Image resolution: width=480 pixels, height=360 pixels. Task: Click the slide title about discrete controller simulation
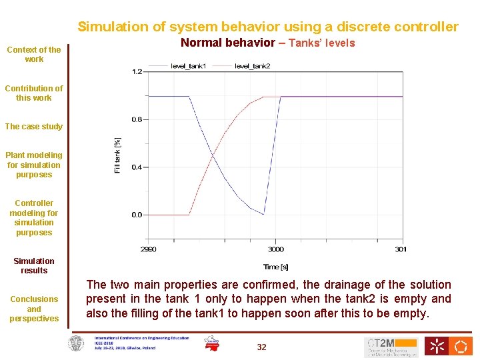pyautogui.click(x=268, y=27)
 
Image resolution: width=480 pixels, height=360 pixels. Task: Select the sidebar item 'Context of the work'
pyautogui.click(x=34, y=54)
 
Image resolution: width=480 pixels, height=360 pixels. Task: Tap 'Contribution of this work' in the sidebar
pyautogui.click(x=34, y=93)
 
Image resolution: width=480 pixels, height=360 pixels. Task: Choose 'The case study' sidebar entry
pyautogui.click(x=34, y=127)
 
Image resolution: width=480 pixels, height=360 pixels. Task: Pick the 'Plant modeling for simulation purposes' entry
pyautogui.click(x=34, y=165)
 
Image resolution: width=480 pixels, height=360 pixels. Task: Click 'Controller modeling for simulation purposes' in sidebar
pyautogui.click(x=34, y=218)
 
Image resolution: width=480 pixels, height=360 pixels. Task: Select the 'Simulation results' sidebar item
pyautogui.click(x=34, y=266)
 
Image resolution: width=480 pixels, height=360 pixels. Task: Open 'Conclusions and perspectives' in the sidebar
pyautogui.click(x=34, y=309)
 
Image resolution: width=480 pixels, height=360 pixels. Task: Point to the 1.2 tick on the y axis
pyautogui.click(x=137, y=71)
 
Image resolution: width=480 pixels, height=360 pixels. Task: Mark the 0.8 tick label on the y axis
pyautogui.click(x=137, y=119)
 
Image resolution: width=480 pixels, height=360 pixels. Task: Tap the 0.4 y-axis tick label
pyautogui.click(x=137, y=167)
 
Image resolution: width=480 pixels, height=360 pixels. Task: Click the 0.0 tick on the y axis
pyautogui.click(x=137, y=215)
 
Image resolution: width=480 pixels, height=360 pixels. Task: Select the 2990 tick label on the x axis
pyautogui.click(x=148, y=249)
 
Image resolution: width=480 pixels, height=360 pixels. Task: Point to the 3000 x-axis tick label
pyautogui.click(x=275, y=249)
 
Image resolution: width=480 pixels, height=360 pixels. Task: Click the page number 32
pyautogui.click(x=261, y=347)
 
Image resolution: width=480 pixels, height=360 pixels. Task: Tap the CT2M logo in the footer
pyautogui.click(x=391, y=346)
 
